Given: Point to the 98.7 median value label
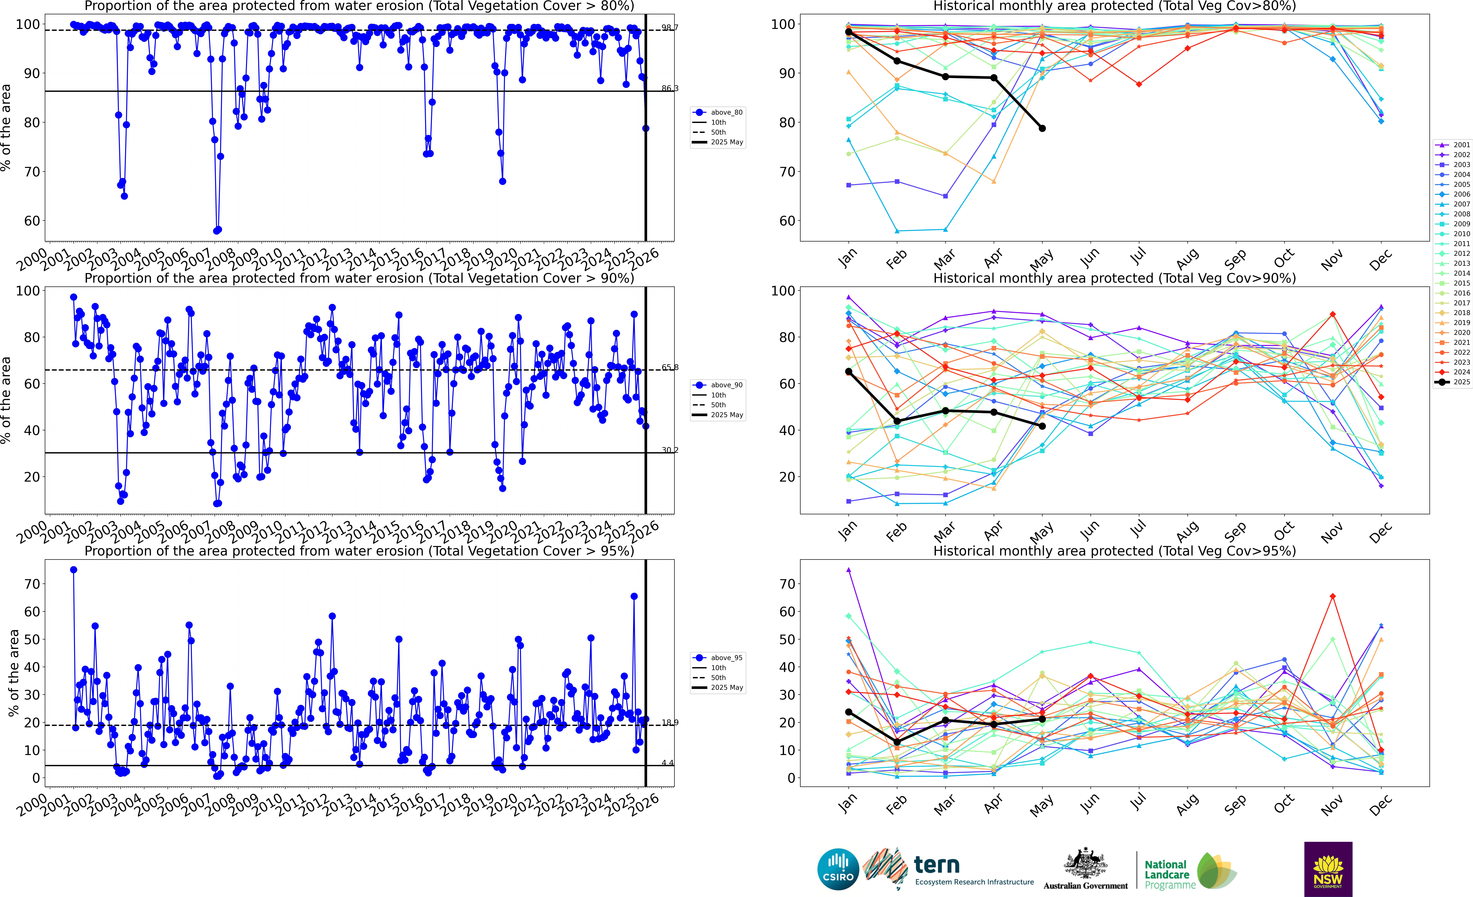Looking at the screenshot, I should (669, 28).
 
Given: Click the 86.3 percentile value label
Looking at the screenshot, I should (669, 89).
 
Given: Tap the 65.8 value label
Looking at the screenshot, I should (669, 367).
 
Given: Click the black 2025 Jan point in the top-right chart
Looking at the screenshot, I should (848, 32).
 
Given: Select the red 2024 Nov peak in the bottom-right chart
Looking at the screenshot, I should (1333, 596).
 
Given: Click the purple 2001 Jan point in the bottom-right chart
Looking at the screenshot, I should (848, 570).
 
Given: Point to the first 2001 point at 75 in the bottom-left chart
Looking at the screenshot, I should (74, 570).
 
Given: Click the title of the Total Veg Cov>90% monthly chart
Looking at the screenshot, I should (1114, 278).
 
